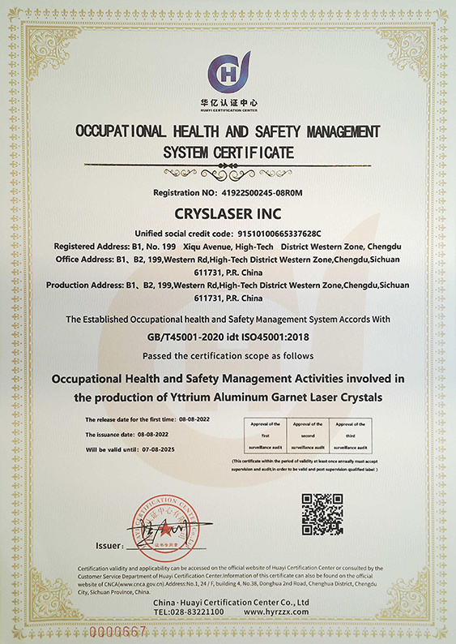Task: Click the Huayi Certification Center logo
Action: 228,72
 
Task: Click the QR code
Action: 323,514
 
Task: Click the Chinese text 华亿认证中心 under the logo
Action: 228,102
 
